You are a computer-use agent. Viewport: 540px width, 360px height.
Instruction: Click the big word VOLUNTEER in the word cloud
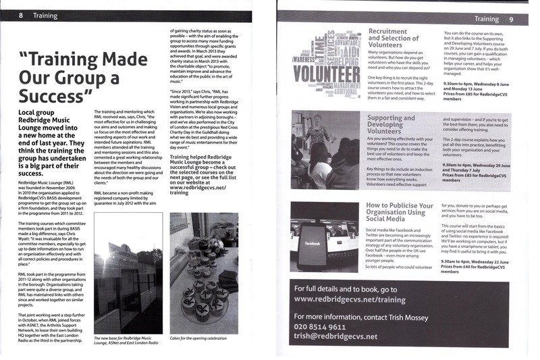coord(328,74)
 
